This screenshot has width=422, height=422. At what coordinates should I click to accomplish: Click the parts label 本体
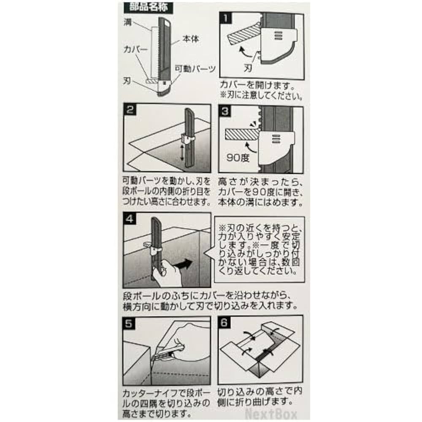(x=190, y=39)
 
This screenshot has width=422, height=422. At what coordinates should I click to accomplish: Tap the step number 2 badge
(x=130, y=110)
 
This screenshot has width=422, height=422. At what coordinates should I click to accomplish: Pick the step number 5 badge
(x=130, y=323)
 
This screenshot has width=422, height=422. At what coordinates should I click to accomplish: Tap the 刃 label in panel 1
(x=247, y=67)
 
